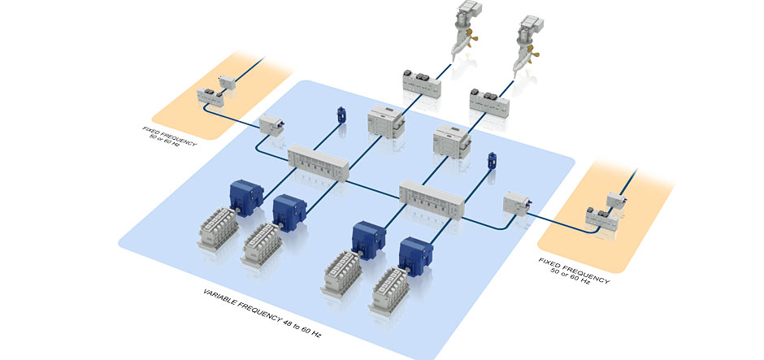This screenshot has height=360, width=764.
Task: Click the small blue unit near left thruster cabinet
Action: point(341,116)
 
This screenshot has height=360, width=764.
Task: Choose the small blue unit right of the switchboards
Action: point(491,160)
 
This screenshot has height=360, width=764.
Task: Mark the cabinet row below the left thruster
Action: point(422,83)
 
